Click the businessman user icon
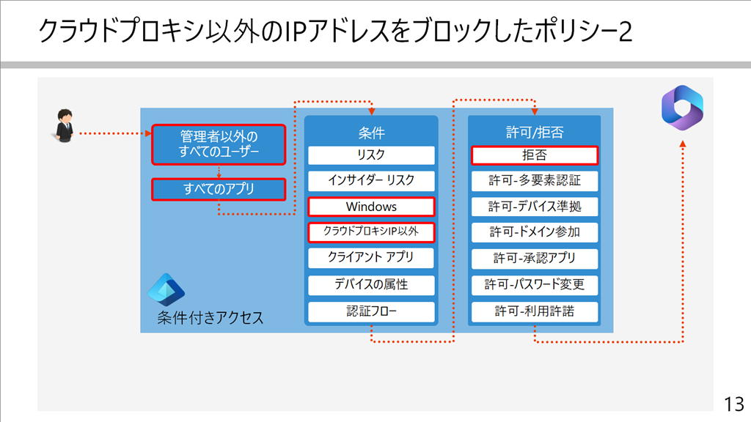[x=64, y=125]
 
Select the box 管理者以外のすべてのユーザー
[x=219, y=144]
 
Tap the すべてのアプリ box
[x=219, y=189]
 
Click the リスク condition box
[x=371, y=155]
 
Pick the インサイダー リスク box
[x=371, y=180]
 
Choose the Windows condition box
[x=371, y=207]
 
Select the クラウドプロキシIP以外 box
[x=371, y=232]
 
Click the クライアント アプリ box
[x=371, y=258]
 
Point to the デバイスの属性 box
[x=371, y=285]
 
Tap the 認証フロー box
[x=371, y=311]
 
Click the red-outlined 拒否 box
[x=535, y=155]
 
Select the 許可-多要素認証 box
[x=535, y=180]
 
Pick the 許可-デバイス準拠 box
[x=535, y=207]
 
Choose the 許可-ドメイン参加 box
[x=535, y=232]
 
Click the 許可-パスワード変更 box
[x=535, y=285]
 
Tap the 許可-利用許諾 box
[x=535, y=311]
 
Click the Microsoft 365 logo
[x=682, y=108]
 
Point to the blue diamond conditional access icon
[x=166, y=289]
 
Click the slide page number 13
[x=733, y=404]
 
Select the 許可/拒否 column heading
[x=535, y=133]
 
